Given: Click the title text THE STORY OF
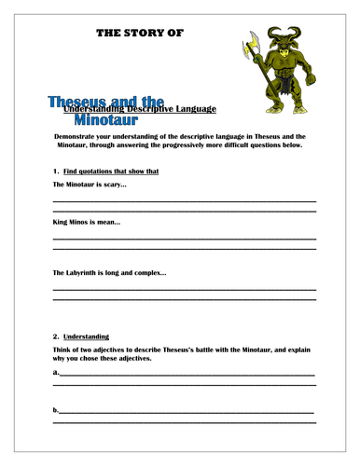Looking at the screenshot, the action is tap(140, 34).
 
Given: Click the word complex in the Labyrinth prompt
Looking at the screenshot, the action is tap(150, 272).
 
